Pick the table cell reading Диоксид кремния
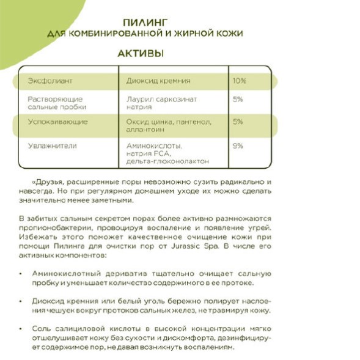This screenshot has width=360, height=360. (x=158, y=81)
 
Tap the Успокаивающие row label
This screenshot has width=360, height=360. (x=57, y=122)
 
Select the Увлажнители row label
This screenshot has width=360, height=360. (x=52, y=146)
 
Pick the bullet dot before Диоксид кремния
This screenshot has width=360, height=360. (x=22, y=301)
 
